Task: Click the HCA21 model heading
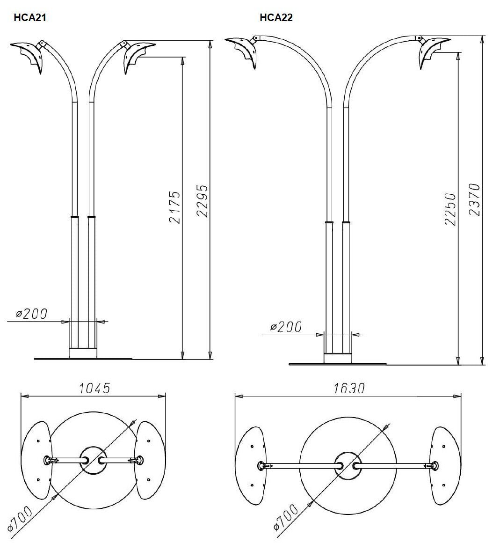(x=30, y=18)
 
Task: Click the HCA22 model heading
(x=276, y=18)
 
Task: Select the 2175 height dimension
(x=174, y=207)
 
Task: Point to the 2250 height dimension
(x=450, y=209)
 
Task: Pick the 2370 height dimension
(x=474, y=200)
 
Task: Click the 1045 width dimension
(x=94, y=389)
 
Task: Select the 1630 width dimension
(x=348, y=389)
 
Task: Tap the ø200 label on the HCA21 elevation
(x=32, y=314)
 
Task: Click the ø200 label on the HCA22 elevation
(x=286, y=327)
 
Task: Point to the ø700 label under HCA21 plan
(x=22, y=519)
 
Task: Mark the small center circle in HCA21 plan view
(x=93, y=460)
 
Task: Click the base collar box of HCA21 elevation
(x=83, y=353)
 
